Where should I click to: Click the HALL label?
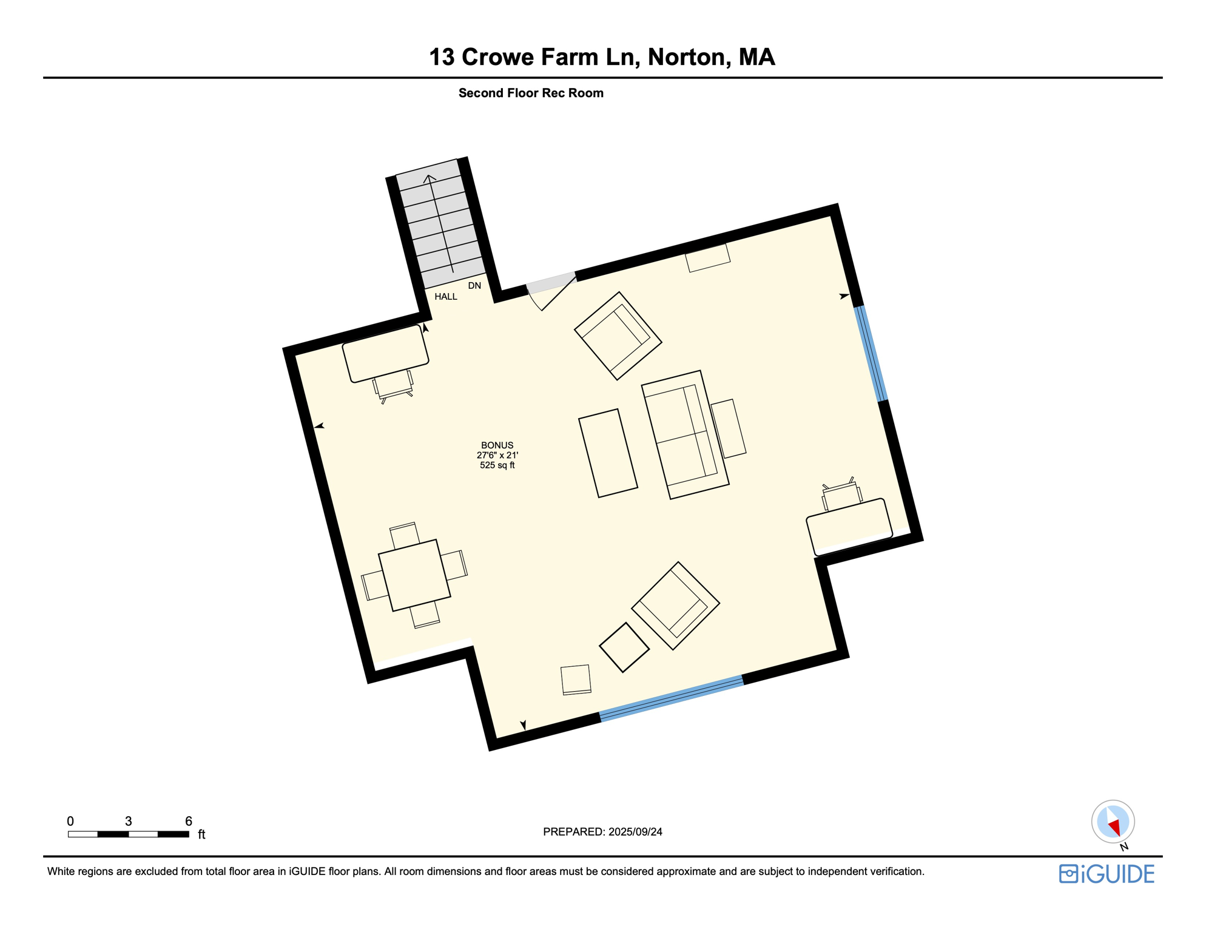pos(445,297)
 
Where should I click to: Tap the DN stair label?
pos(474,286)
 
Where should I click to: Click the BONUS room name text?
pos(497,445)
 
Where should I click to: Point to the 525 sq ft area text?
pos(497,465)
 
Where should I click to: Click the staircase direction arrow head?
pos(429,178)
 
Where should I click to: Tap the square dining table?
pos(414,575)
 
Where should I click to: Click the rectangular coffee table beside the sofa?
pos(608,453)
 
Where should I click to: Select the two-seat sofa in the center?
pos(685,434)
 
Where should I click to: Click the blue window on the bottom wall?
pos(672,698)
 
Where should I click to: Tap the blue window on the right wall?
pos(871,354)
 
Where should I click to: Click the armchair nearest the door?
pos(618,336)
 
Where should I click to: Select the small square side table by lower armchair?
pos(624,647)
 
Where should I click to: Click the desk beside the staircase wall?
pos(385,354)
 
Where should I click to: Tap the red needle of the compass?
pos(1114,827)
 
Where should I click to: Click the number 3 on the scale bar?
pos(129,821)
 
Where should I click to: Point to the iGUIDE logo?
pos(1107,874)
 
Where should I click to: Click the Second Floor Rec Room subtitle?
pos(531,93)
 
